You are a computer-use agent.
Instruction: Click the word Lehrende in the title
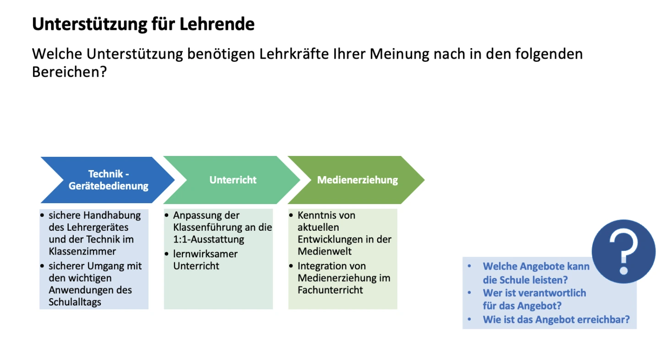[x=217, y=24]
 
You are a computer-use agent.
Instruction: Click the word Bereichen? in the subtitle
[x=69, y=72]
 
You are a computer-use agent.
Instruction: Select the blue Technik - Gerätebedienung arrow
[x=108, y=180]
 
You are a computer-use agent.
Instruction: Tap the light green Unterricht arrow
[x=232, y=180]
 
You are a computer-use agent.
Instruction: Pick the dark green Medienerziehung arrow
[x=356, y=180]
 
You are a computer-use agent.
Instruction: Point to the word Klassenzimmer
[x=82, y=251]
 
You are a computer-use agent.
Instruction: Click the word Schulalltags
[x=75, y=302]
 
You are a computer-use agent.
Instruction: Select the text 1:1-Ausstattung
[x=209, y=239]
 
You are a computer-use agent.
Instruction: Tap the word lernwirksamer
[x=205, y=254]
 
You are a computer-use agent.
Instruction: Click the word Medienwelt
[x=324, y=251]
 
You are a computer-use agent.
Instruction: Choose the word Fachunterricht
[x=330, y=290]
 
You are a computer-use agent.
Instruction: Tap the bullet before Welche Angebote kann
[x=469, y=266]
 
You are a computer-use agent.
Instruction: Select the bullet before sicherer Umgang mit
[x=42, y=266]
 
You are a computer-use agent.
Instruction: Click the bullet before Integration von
[x=291, y=266]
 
